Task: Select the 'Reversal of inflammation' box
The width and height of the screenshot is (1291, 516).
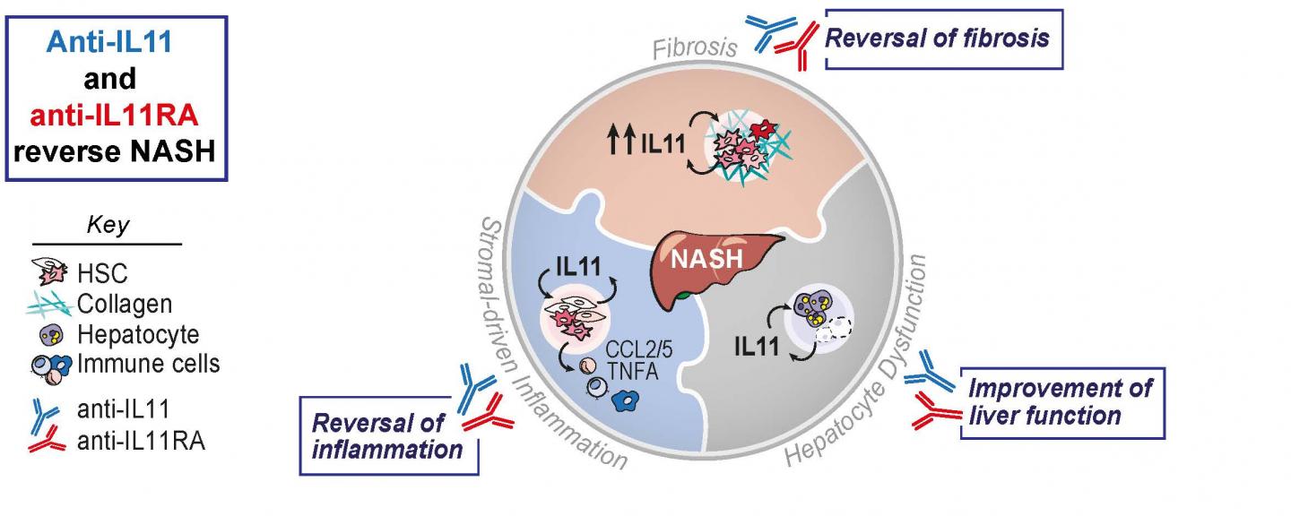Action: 388,435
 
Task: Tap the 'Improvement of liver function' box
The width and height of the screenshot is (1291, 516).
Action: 1061,401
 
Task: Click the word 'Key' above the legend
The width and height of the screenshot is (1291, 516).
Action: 107,225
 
